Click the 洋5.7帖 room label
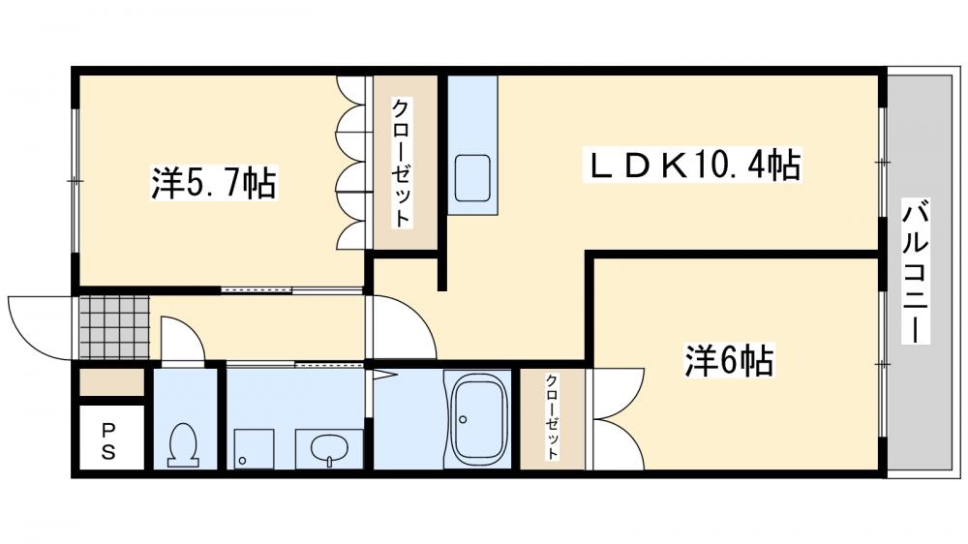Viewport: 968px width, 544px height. (214, 182)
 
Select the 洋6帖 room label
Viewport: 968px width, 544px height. (728, 361)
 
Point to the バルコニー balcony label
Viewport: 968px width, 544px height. (916, 271)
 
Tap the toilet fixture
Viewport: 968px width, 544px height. (184, 444)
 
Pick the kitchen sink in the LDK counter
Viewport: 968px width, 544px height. (473, 178)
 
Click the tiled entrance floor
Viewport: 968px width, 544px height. (114, 326)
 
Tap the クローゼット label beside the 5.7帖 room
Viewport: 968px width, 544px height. (401, 162)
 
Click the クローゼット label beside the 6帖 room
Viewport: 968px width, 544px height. (552, 416)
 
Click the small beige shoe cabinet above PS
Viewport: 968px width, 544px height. (110, 382)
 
